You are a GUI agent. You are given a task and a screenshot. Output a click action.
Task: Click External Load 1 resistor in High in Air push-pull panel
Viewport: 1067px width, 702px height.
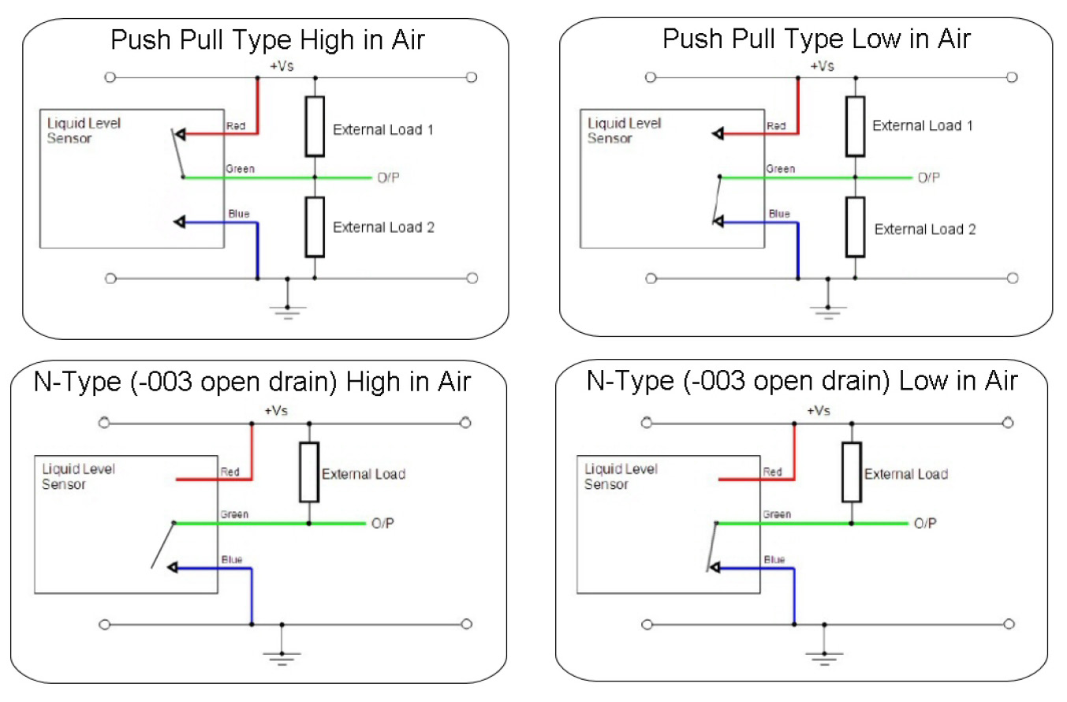point(315,126)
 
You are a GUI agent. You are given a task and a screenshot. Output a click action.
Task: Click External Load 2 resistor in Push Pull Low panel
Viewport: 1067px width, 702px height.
point(855,227)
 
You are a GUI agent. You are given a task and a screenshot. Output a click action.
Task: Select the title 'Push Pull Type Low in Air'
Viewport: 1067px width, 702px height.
point(816,39)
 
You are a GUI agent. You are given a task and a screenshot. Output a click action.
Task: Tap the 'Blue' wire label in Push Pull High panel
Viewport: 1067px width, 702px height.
point(238,214)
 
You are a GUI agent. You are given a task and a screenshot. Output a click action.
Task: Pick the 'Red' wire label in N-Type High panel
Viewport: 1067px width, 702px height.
point(229,472)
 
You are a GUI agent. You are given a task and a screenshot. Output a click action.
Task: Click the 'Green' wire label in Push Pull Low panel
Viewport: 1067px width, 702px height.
point(779,169)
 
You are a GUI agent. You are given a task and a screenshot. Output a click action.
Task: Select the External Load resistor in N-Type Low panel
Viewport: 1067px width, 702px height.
point(851,472)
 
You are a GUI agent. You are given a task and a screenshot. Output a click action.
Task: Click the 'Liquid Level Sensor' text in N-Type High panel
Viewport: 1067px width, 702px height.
point(78,476)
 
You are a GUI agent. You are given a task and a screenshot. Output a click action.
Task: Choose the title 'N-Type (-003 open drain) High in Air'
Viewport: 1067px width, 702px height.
point(252,382)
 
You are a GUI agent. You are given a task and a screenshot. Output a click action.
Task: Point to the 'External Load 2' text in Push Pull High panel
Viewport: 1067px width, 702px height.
point(383,227)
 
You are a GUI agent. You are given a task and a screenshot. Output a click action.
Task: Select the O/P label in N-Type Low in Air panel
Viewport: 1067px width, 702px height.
point(925,523)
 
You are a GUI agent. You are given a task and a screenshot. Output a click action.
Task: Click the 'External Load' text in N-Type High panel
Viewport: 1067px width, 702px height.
point(364,474)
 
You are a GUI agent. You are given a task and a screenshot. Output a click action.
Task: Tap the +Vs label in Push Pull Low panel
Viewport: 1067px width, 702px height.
point(821,66)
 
